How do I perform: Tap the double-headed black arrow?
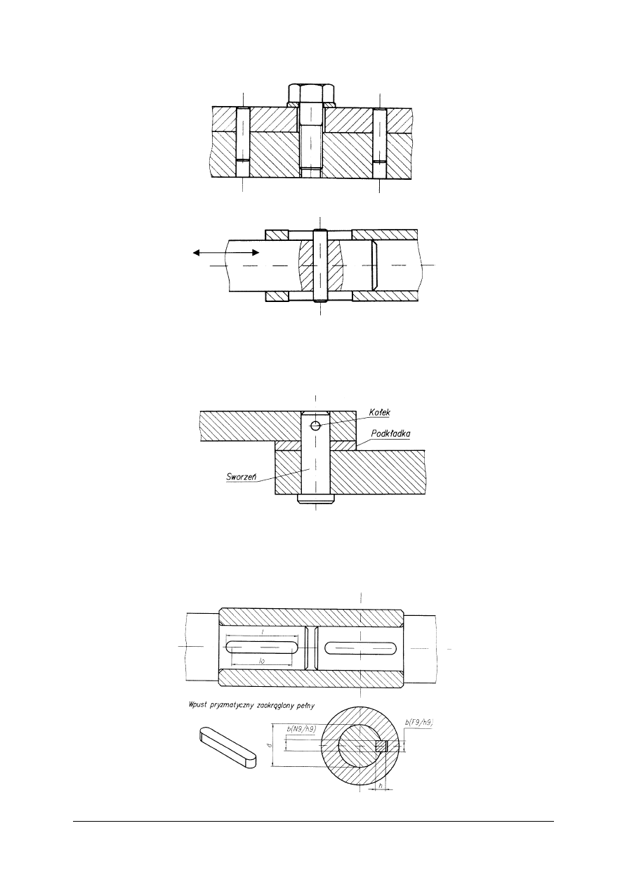click(x=226, y=253)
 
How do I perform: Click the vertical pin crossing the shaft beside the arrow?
click(x=319, y=265)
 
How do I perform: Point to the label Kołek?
click(x=379, y=412)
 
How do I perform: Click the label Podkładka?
click(x=390, y=433)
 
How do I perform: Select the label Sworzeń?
click(x=242, y=476)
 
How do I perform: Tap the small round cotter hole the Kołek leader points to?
click(x=315, y=426)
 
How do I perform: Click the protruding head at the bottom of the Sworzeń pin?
click(x=315, y=499)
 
